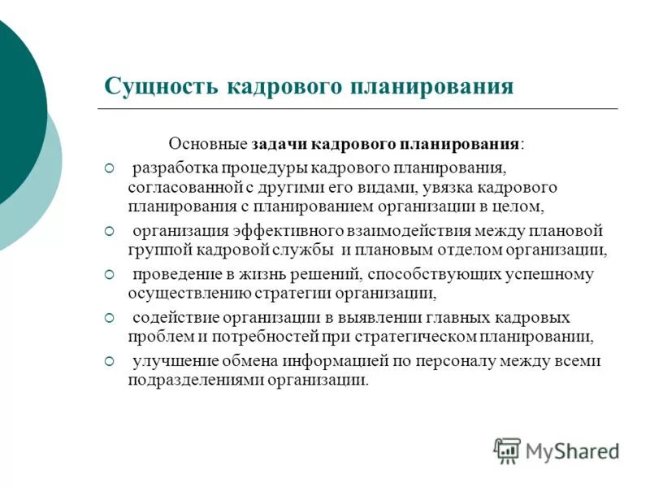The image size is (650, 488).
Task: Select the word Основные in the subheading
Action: coord(207,144)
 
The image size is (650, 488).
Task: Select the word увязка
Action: coord(448,187)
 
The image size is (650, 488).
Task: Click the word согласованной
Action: coord(177,187)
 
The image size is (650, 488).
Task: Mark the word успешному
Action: coord(548,274)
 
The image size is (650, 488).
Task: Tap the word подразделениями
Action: coord(189,380)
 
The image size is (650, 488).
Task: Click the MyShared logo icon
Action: coord(508,451)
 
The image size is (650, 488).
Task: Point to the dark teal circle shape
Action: coord(16,114)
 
